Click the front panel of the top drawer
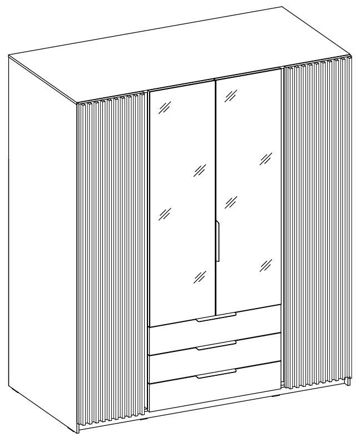214,327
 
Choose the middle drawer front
214,356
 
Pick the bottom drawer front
214,386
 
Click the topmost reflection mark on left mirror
164,108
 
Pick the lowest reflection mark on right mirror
266,265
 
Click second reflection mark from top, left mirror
199,170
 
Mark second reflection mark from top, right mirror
266,159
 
